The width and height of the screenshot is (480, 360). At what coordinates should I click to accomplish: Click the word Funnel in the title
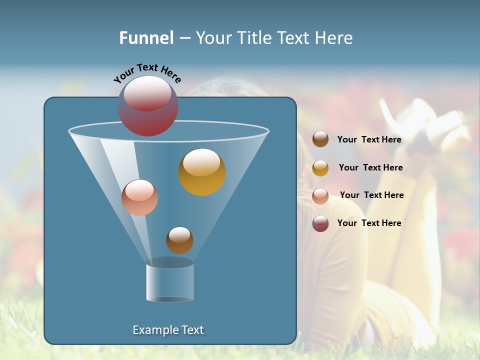[146, 38]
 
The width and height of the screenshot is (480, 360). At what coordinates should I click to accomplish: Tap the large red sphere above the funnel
[148, 105]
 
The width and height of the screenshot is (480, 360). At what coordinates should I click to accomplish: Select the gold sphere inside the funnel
[202, 171]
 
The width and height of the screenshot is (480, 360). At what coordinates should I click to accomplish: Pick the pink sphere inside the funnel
[139, 197]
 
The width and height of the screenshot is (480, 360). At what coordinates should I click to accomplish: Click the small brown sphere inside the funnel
[179, 240]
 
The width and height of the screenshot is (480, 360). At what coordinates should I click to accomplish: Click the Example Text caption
[168, 330]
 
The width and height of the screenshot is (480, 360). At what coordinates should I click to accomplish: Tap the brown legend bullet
[320, 139]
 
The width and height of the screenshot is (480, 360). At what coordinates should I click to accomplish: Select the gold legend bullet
[320, 168]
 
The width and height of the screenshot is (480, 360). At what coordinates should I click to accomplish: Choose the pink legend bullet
[320, 196]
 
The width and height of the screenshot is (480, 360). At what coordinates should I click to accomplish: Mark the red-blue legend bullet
[320, 223]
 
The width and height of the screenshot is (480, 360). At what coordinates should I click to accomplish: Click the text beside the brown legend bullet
[369, 140]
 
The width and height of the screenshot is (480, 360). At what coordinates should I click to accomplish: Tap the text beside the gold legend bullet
[370, 168]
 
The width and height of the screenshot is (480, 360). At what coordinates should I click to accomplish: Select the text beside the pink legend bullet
[371, 195]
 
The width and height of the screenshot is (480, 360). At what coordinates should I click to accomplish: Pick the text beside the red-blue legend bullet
[369, 223]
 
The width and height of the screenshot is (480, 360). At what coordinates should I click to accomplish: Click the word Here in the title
[334, 38]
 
